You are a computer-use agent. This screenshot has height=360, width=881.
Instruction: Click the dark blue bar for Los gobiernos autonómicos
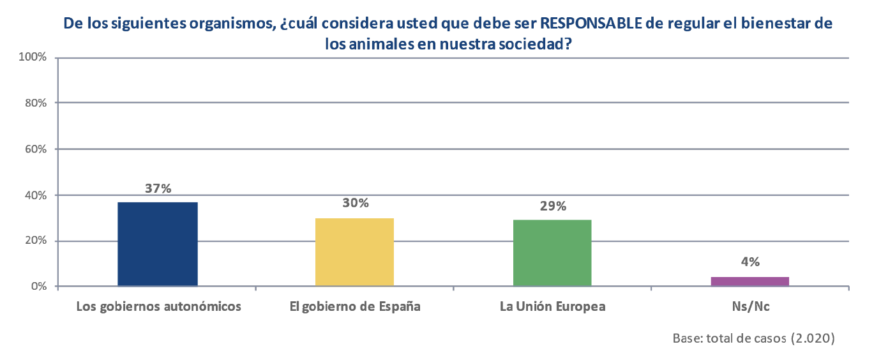[x=158, y=244]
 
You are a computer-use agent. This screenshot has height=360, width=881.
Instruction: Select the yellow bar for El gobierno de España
[x=355, y=252]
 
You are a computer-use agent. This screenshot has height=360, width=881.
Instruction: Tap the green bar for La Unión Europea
[x=552, y=253]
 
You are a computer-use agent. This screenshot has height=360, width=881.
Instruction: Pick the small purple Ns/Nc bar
[x=750, y=281]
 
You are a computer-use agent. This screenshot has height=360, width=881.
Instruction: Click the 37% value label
[x=158, y=188]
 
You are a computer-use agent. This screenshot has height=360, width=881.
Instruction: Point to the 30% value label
[x=356, y=203]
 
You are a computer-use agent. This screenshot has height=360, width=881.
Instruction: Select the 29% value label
[x=553, y=206]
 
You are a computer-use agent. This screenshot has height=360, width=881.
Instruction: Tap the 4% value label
[x=750, y=262]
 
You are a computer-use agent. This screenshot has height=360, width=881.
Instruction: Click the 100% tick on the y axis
[x=33, y=57]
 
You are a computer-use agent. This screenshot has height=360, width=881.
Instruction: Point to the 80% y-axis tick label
[x=36, y=103]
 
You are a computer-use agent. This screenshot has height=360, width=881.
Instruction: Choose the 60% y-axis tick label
[x=36, y=149]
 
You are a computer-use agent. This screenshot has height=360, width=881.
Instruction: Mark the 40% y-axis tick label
[x=36, y=195]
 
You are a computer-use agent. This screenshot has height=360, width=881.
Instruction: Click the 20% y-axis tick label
[x=36, y=241]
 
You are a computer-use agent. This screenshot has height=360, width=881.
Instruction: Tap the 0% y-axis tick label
[x=39, y=287]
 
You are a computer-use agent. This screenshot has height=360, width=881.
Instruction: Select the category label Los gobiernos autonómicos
[x=158, y=306]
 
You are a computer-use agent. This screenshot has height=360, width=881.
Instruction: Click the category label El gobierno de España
[x=355, y=306]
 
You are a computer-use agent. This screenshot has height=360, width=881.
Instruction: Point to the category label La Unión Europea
[x=553, y=306]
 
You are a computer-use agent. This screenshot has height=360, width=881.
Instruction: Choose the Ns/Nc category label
[x=751, y=306]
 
